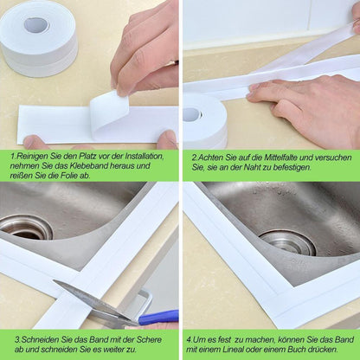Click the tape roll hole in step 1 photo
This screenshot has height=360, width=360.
[x=35, y=24]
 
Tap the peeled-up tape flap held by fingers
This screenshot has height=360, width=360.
[x=109, y=111]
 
